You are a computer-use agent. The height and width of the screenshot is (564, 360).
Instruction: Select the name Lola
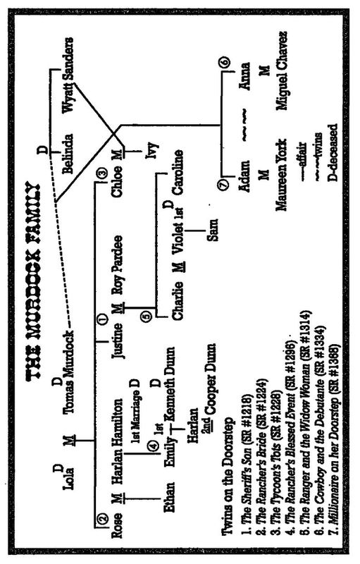(68, 477)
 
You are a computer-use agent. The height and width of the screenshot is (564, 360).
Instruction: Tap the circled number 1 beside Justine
(102, 318)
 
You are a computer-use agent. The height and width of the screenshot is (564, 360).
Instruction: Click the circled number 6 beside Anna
(225, 62)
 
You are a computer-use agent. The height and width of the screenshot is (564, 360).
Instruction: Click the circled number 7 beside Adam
(224, 184)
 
